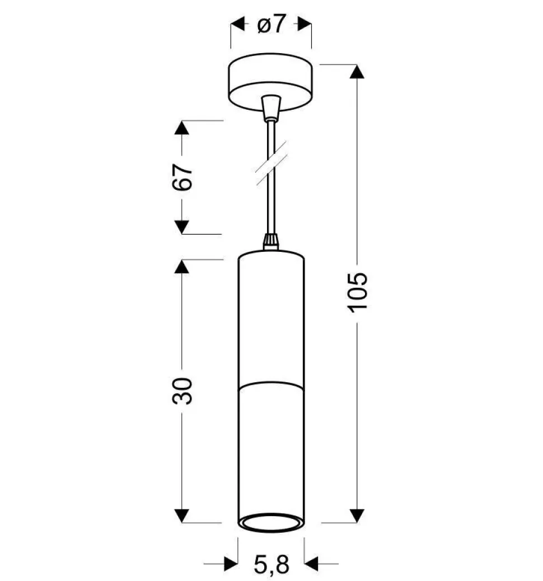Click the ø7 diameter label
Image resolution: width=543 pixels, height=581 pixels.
coord(271,25)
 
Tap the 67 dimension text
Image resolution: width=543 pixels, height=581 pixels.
coord(182,177)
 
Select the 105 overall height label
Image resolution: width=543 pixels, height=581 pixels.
coord(357,292)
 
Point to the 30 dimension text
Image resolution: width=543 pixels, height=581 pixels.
coord(182,391)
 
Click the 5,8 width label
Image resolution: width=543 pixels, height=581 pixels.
coord(271,564)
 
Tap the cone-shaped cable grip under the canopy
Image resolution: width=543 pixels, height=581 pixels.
coord(271,107)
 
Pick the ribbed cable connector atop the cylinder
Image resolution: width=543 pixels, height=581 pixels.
coord(270,242)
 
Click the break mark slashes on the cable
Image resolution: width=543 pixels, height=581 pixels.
coord(271,163)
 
